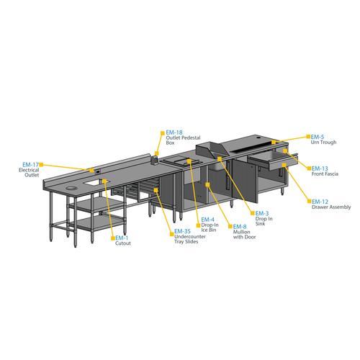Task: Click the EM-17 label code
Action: point(30,165)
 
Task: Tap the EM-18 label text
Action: point(174,132)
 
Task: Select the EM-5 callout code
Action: point(318,137)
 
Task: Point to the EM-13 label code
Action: point(320,168)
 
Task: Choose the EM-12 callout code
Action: point(320,202)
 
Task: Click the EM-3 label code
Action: point(262,213)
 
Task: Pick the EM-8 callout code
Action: point(240,227)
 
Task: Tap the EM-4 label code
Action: point(208,220)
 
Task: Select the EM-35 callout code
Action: point(182,231)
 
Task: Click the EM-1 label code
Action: point(122,238)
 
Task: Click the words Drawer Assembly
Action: point(331,207)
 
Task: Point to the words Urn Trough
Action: point(323,143)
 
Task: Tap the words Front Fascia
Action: point(325,174)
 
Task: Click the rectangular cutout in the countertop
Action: point(96,182)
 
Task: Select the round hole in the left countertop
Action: point(72,188)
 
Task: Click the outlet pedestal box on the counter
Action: point(154,160)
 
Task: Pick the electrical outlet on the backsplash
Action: point(98,172)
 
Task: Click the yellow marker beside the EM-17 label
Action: point(41,165)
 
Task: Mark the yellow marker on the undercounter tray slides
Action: point(156,190)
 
